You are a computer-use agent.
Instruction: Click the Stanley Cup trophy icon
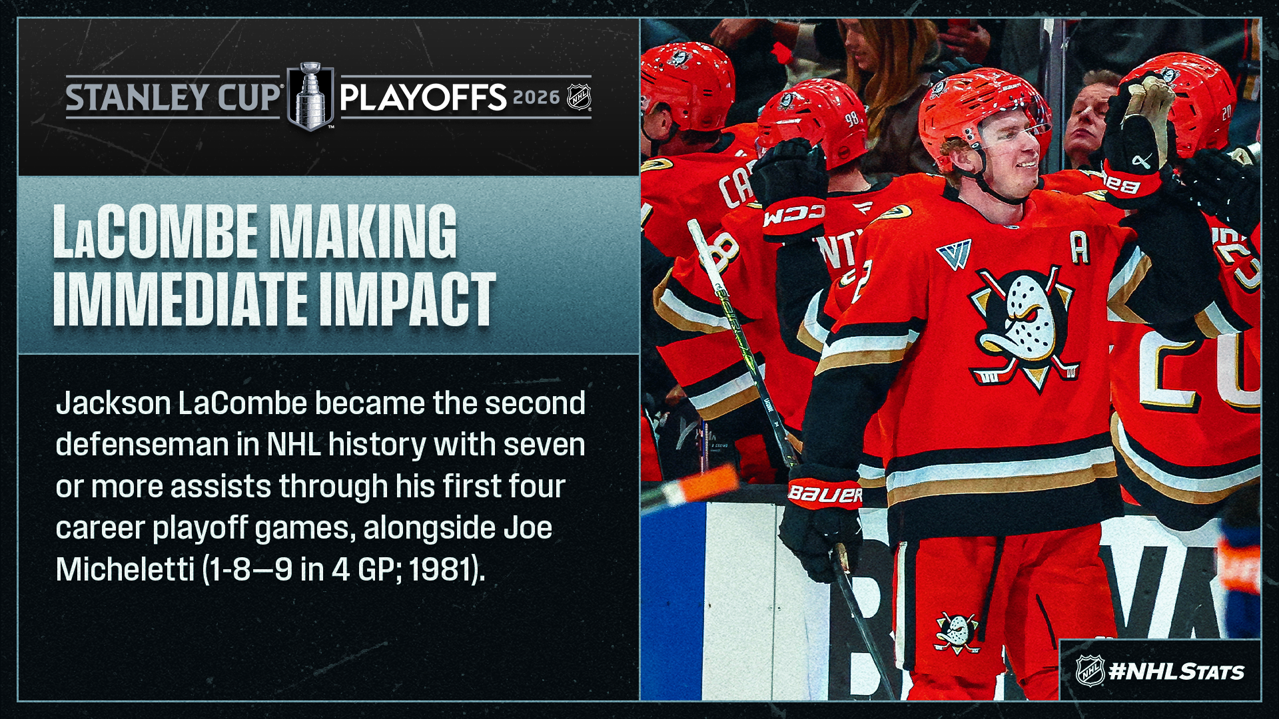tap(310, 96)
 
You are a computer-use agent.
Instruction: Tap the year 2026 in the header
tap(536, 97)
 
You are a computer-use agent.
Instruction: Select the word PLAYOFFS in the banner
tap(424, 97)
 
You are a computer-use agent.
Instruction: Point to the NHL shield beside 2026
tap(579, 97)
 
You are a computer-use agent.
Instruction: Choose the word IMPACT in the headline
tap(407, 299)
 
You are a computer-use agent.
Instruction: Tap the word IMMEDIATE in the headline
tap(180, 299)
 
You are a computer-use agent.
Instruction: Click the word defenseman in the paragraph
tap(142, 445)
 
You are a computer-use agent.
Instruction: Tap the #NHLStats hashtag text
tap(1176, 671)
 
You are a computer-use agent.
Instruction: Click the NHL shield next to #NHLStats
tap(1090, 670)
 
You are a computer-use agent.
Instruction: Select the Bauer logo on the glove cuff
tap(825, 494)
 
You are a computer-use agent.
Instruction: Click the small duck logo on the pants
tap(957, 631)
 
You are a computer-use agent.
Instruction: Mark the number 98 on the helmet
tap(852, 119)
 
